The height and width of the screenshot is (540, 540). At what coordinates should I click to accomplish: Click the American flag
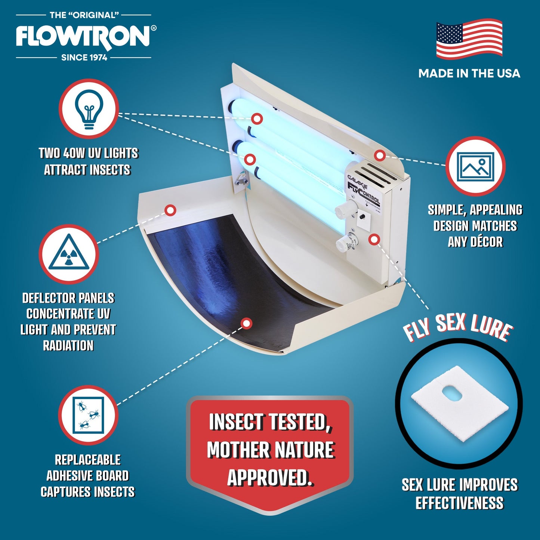[x=469, y=39]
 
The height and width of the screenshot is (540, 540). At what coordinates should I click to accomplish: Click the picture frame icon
[x=475, y=166]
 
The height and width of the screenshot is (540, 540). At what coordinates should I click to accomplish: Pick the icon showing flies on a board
[x=89, y=415]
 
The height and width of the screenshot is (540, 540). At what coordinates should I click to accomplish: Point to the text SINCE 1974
[x=84, y=58]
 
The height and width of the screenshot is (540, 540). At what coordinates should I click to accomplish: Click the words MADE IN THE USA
[x=469, y=73]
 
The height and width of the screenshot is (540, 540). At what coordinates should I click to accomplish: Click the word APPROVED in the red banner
[x=270, y=478]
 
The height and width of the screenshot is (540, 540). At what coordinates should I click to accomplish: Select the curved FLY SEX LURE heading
[x=457, y=327]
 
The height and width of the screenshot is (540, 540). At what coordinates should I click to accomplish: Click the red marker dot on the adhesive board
[x=246, y=323]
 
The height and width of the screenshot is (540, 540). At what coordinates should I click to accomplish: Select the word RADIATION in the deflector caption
[x=68, y=346]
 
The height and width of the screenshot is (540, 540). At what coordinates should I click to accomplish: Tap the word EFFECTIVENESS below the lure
[x=459, y=503]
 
